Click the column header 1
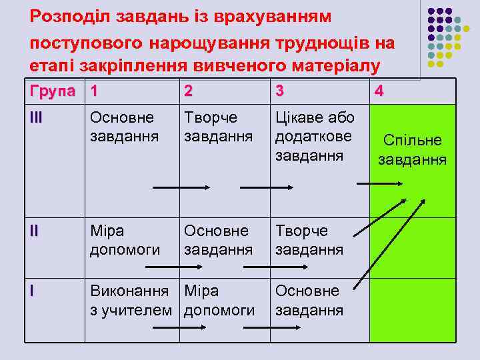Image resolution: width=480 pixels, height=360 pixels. [x=95, y=90]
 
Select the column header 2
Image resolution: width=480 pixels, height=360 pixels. [x=189, y=90]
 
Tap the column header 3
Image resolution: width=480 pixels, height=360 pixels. [x=280, y=90]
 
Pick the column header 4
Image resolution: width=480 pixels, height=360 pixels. [x=379, y=90]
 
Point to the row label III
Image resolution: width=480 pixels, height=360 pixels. [x=37, y=117]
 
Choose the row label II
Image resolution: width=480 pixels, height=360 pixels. [x=34, y=231]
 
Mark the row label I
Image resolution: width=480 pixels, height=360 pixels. [x=31, y=291]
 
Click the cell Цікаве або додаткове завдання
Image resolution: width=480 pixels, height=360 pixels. [x=315, y=137]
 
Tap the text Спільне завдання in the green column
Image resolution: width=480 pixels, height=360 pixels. [x=412, y=150]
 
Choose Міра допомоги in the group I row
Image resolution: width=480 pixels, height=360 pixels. [x=219, y=301]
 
